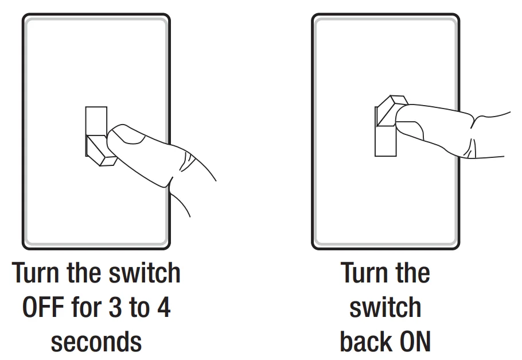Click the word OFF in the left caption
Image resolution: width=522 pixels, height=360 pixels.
point(43,307)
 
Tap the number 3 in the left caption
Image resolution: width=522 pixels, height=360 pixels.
point(115,307)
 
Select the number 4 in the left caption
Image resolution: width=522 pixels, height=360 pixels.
point(163,307)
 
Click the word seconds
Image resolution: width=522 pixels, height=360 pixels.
point(96,342)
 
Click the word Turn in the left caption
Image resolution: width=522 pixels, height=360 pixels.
point(36,272)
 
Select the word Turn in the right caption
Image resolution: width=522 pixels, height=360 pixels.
point(364,272)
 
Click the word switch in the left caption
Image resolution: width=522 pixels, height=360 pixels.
point(145,272)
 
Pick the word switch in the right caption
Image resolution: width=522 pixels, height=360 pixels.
point(385,307)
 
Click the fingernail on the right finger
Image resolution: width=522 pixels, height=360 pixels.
point(410,130)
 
